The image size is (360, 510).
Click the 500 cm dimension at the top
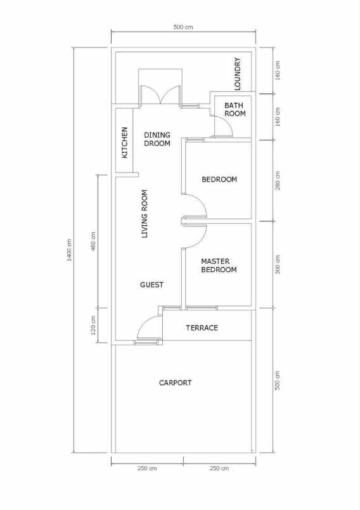point(183,27)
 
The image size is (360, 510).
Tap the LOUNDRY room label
point(238,74)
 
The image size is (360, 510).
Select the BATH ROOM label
point(235,109)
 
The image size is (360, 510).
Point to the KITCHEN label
point(125,143)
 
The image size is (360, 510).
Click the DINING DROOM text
point(157,139)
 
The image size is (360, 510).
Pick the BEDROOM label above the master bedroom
point(219,180)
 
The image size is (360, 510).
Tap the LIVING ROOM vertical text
point(145,214)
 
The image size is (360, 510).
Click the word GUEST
point(151,285)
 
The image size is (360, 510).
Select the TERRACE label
point(202,328)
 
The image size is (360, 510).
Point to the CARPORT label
point(175,383)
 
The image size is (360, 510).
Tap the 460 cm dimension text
point(93,238)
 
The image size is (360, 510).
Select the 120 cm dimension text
point(93,325)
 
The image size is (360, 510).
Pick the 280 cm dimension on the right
point(278,180)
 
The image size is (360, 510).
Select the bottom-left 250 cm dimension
point(147,468)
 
